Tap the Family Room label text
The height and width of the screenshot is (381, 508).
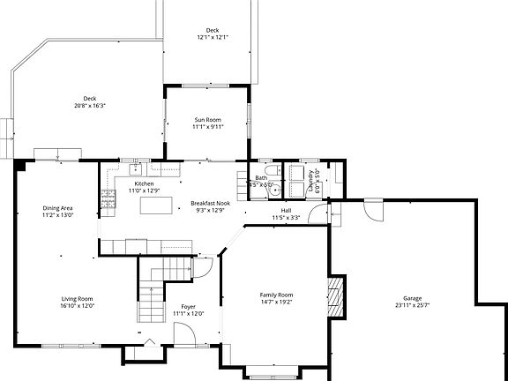tap(276, 295)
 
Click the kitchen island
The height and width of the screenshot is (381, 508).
tap(157, 205)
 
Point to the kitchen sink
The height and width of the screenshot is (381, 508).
tap(138, 167)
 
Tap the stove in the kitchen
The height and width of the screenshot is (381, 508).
tap(108, 204)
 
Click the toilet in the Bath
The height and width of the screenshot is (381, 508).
tap(273, 171)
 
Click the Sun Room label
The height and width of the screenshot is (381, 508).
tap(208, 119)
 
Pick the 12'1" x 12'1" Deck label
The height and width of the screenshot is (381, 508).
tap(212, 30)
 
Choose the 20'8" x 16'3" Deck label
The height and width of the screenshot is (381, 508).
tap(89, 99)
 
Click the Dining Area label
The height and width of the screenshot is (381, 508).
tap(58, 208)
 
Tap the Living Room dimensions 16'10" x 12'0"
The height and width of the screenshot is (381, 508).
tap(78, 305)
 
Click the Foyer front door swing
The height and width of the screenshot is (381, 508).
tap(183, 333)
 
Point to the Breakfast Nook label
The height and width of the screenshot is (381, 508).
tap(208, 204)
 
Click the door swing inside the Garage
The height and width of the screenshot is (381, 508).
tap(375, 211)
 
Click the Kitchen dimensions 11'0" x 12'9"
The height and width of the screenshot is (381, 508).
tap(144, 190)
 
